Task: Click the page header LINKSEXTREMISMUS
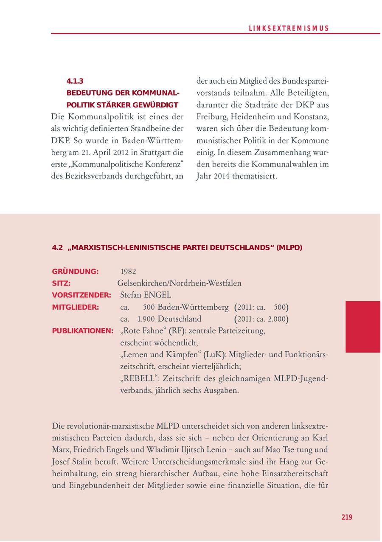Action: point(289,28)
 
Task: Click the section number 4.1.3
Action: point(75,81)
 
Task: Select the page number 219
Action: point(347,517)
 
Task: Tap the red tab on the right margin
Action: point(362,327)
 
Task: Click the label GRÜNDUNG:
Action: point(75,271)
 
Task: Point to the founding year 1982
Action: point(128,271)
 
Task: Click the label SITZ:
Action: point(61,283)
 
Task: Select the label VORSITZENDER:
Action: point(81,295)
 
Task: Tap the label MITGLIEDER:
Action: point(75,307)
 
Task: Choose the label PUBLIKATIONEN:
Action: point(82,330)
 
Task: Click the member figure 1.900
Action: point(146,319)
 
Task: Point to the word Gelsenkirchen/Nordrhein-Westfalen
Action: point(179,283)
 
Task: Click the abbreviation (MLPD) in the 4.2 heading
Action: point(289,248)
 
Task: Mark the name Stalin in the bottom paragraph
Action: point(84,461)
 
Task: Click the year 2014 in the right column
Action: point(221,176)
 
